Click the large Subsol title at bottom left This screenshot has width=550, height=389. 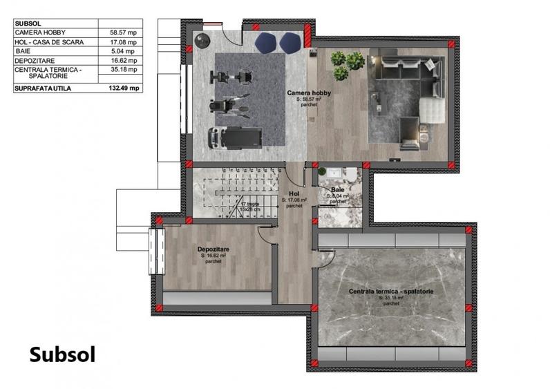click(62, 354)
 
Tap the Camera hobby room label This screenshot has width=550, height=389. click(309, 93)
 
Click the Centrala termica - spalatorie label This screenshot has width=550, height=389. click(391, 292)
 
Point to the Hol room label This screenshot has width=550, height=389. click(294, 195)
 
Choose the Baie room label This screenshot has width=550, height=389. click(337, 189)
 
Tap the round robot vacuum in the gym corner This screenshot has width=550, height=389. click(202, 39)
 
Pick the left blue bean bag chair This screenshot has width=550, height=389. click(265, 43)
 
